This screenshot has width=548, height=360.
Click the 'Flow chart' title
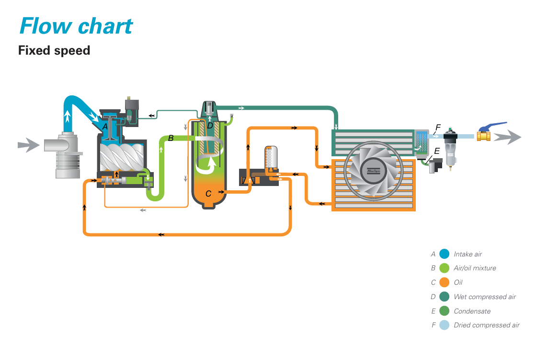[x=76, y=25]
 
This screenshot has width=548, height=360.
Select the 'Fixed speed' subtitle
[x=54, y=50]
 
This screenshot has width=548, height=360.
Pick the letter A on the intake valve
[x=104, y=127]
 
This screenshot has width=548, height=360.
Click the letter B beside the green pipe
[x=171, y=138]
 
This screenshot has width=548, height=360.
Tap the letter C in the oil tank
[x=208, y=194]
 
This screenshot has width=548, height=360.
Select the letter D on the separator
[x=210, y=126]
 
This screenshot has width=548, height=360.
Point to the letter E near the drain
[x=436, y=151]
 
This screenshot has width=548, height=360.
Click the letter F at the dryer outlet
[x=437, y=128]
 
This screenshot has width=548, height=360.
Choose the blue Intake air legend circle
[x=444, y=254]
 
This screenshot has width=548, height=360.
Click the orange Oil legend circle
[x=444, y=282]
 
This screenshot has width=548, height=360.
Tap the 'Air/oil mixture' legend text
[x=475, y=268]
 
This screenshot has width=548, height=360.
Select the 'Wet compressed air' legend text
[x=484, y=297]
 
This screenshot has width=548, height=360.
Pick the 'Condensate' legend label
[x=472, y=311]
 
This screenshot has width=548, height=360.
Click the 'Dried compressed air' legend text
[x=486, y=325]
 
